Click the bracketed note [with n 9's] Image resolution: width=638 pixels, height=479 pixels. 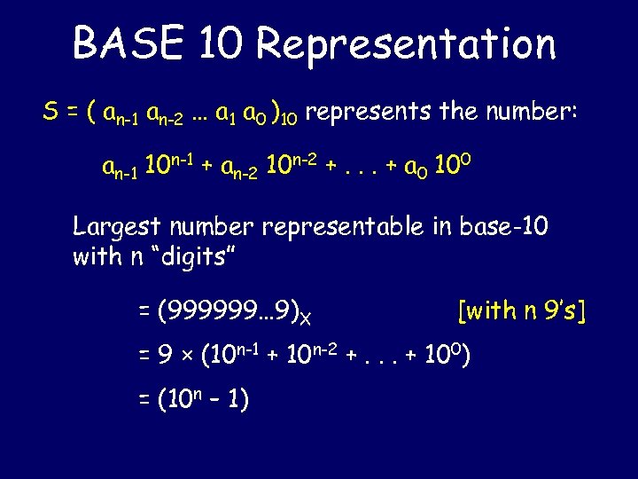522,310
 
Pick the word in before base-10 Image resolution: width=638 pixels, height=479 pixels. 443,226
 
